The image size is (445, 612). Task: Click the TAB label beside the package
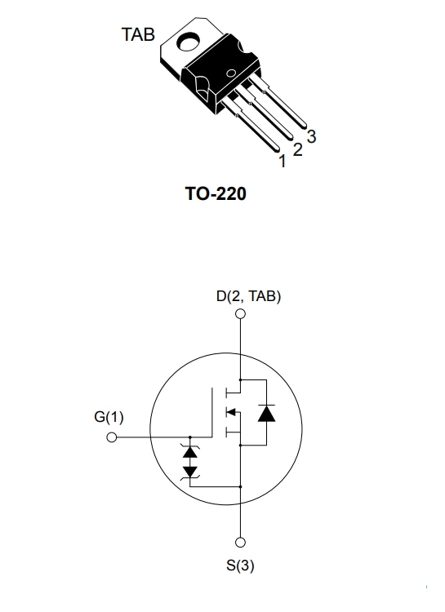pyautogui.click(x=138, y=35)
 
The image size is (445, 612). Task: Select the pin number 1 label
pyautogui.click(x=283, y=162)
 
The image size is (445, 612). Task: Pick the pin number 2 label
pyautogui.click(x=297, y=150)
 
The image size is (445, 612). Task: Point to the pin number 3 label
pyautogui.click(x=311, y=138)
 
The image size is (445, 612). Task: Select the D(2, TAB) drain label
pyautogui.click(x=248, y=296)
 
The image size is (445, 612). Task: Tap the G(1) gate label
pyautogui.click(x=109, y=417)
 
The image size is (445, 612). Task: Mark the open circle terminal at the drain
pyautogui.click(x=241, y=314)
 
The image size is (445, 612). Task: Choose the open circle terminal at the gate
pyautogui.click(x=113, y=437)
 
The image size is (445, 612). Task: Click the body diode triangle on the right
pyautogui.click(x=265, y=413)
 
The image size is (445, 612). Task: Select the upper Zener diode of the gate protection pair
pyautogui.click(x=190, y=451)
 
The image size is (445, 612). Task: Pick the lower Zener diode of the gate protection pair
pyautogui.click(x=190, y=470)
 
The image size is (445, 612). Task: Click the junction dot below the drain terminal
pyautogui.click(x=241, y=379)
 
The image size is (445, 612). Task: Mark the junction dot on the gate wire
pyautogui.click(x=190, y=437)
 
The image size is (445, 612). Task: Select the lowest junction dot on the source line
pyautogui.click(x=241, y=486)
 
